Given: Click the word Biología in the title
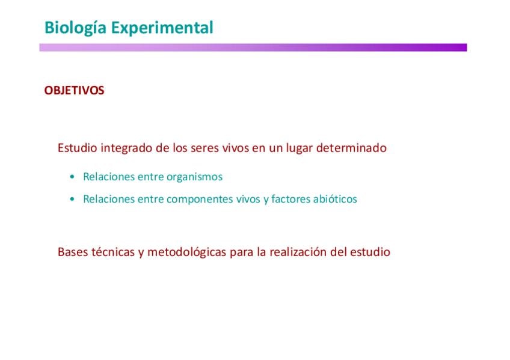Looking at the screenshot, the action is coord(75,28).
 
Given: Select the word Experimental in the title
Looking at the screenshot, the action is coord(162,28).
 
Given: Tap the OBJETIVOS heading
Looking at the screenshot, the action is coord(74,90).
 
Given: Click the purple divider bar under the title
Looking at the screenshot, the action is coord(253,47).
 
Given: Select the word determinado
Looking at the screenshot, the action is coord(351,148).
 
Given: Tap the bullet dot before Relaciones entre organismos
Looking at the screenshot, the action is coord(72,177).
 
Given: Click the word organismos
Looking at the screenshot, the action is coord(194,177).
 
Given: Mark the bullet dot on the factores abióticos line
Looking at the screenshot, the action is coord(72,199).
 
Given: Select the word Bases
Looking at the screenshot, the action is coord(73,252).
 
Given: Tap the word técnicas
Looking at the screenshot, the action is coord(113,252).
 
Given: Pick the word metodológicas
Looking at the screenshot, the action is coord(186,252).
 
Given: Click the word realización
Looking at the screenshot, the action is coord(298,252).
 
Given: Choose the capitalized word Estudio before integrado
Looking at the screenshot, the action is coord(78,148).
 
